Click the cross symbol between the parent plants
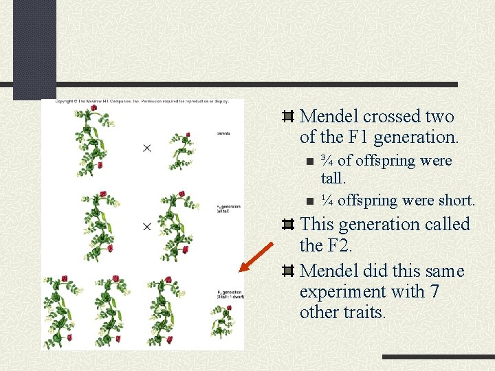tap(146, 148)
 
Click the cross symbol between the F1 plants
tap(146, 227)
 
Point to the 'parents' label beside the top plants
tap(224, 133)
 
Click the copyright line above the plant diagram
tap(142, 102)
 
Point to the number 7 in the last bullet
tap(434, 291)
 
